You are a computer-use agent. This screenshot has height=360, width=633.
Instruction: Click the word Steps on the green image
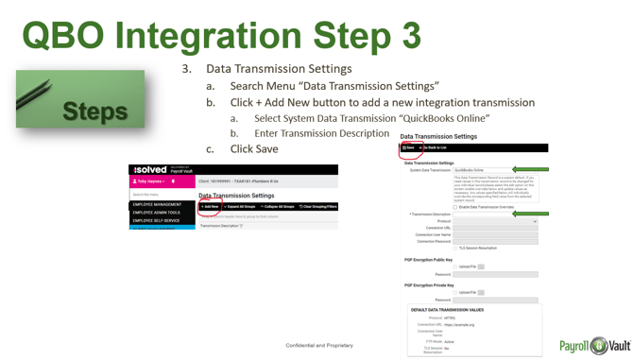pyautogui.click(x=94, y=111)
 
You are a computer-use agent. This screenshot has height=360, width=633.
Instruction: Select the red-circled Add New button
pyautogui.click(x=210, y=206)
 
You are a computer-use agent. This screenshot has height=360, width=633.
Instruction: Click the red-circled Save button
pyautogui.click(x=408, y=148)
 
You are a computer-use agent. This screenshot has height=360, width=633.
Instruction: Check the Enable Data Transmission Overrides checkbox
pyautogui.click(x=455, y=207)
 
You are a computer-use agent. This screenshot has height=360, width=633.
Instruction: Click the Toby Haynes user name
pyautogui.click(x=149, y=180)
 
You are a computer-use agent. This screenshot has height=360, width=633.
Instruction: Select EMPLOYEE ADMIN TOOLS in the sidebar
pyautogui.click(x=157, y=213)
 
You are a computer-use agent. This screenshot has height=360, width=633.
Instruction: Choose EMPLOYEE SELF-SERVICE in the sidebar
pyautogui.click(x=157, y=221)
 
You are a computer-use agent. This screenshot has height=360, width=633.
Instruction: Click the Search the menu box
pyautogui.click(x=161, y=195)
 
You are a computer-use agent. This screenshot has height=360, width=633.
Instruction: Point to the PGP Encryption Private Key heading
pyautogui.click(x=429, y=284)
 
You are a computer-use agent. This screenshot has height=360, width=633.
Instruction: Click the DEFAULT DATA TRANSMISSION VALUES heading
pyautogui.click(x=448, y=309)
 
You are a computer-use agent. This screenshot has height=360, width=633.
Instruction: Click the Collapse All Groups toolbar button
pyautogui.click(x=275, y=206)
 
